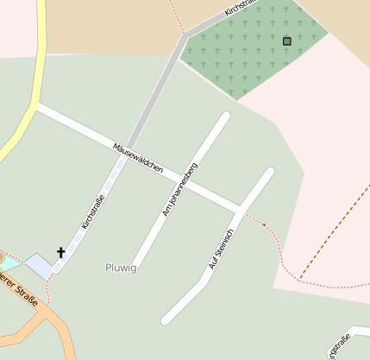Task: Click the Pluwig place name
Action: pyautogui.click(x=121, y=268)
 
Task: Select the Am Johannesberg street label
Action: pyautogui.click(x=180, y=188)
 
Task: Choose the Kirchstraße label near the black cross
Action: pyautogui.click(x=93, y=212)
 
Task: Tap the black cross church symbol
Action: pyautogui.click(x=61, y=253)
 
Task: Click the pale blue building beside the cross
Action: pyautogui.click(x=39, y=265)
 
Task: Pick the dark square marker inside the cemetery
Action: pyautogui.click(x=286, y=41)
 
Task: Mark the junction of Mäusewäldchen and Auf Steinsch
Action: pyautogui.click(x=240, y=209)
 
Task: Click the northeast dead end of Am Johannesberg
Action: pyautogui.click(x=226, y=117)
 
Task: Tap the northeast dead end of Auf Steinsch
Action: pyautogui.click(x=269, y=173)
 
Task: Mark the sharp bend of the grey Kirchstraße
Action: pyautogui.click(x=184, y=36)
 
